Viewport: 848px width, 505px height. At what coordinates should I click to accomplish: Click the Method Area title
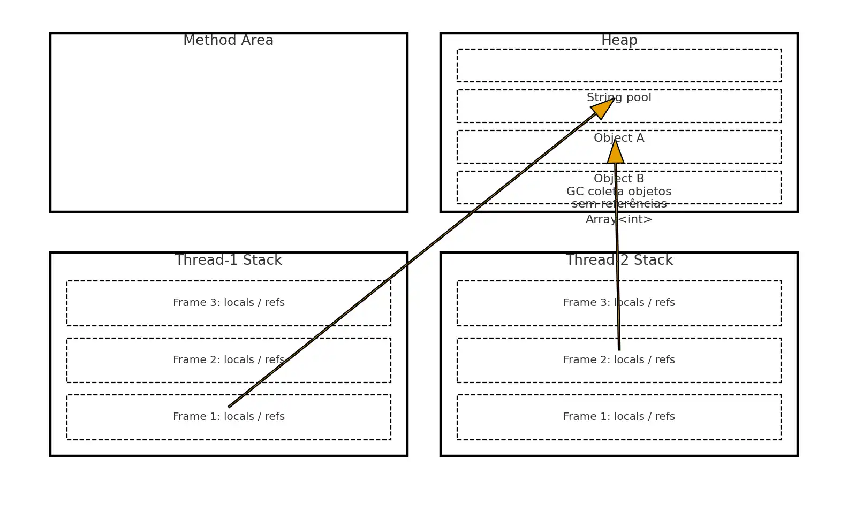tap(228, 41)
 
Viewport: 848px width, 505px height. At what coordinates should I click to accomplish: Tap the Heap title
tap(619, 41)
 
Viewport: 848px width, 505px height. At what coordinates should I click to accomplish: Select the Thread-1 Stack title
tap(228, 260)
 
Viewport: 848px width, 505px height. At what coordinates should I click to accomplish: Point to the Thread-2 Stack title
tap(619, 260)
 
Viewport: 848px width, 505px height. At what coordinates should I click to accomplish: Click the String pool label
tap(619, 97)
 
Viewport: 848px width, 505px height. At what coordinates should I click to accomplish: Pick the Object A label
tap(619, 138)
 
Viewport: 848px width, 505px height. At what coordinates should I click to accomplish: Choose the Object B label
tap(619, 179)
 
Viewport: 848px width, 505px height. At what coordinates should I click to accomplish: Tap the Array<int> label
tap(619, 219)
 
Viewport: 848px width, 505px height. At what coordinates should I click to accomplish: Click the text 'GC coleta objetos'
tap(619, 192)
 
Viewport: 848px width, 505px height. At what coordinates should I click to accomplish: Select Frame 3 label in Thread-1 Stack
tap(229, 303)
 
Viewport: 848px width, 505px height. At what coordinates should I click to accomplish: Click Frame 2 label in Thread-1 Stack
tap(229, 360)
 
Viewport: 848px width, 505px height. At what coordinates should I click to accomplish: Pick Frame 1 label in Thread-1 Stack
tap(229, 417)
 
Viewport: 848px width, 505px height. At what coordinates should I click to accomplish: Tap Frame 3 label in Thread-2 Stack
tap(619, 303)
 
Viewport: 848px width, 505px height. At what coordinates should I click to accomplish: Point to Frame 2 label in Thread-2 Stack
tap(619, 360)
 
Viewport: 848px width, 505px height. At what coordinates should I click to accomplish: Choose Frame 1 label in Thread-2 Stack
tap(619, 417)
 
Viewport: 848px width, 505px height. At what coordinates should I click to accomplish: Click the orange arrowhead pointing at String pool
tap(603, 109)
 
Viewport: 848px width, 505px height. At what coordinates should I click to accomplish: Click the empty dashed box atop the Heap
tap(619, 66)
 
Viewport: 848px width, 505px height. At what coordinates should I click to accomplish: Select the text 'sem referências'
tap(619, 204)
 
